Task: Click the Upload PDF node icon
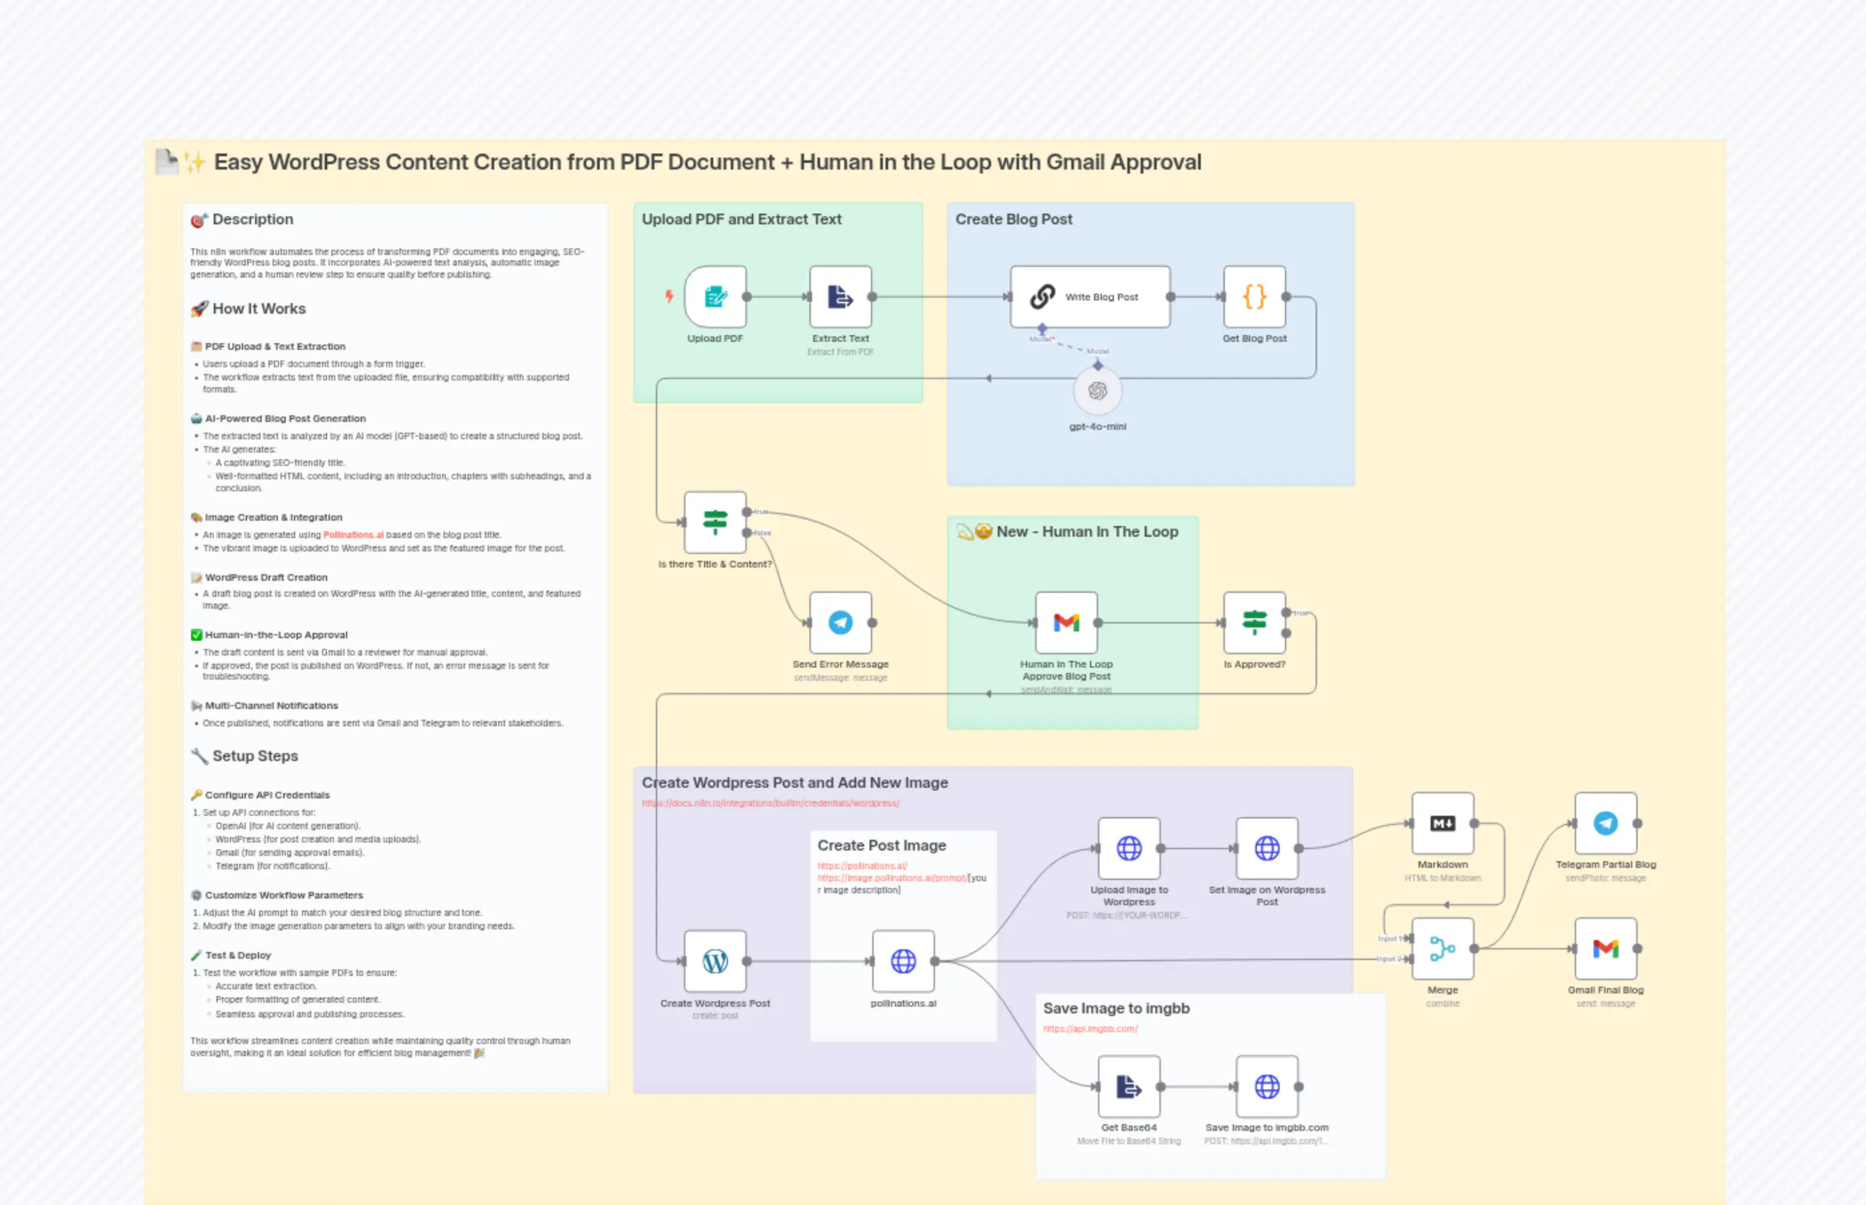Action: tap(715, 296)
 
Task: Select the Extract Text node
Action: tap(840, 296)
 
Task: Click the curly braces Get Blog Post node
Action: tap(1254, 296)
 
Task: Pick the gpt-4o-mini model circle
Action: tap(1097, 391)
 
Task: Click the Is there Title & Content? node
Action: tap(715, 522)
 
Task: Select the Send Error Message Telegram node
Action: tap(840, 622)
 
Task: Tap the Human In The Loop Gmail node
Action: tap(1066, 622)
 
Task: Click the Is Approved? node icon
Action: tap(1254, 622)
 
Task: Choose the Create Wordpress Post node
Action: tap(715, 961)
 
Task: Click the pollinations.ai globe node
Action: tap(902, 961)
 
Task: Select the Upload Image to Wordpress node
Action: tap(1129, 849)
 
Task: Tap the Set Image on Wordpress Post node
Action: tap(1266, 849)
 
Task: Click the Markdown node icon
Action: tap(1443, 823)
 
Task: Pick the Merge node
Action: tap(1443, 949)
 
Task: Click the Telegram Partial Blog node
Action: tap(1606, 823)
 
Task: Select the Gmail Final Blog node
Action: tap(1606, 949)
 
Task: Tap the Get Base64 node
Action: tap(1129, 1086)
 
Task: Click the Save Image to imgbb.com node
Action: tap(1266, 1086)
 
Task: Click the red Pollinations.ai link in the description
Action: tap(353, 535)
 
